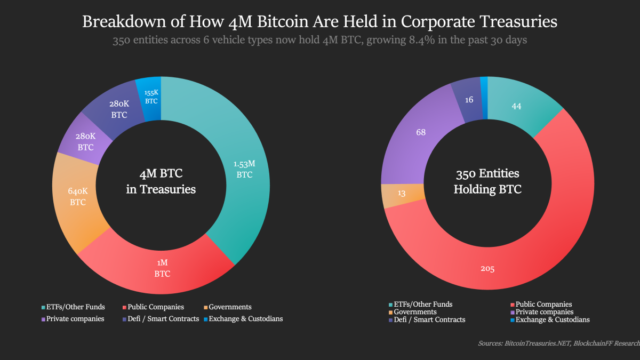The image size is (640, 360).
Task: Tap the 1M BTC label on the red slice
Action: tap(162, 269)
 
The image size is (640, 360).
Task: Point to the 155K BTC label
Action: tap(151, 97)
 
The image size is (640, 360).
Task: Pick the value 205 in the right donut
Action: tap(487, 269)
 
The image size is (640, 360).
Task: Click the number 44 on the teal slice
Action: tap(516, 106)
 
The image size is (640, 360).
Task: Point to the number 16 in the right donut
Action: tap(468, 100)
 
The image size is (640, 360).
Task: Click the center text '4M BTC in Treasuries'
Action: tap(161, 181)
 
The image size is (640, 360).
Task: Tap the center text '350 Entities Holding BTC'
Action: tap(487, 181)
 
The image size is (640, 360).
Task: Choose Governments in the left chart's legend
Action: tap(230, 307)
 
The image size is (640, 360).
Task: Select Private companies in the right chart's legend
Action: tap(542, 311)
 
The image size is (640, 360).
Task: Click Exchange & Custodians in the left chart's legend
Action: tap(245, 318)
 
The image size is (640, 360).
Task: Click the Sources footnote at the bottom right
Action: tap(558, 344)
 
